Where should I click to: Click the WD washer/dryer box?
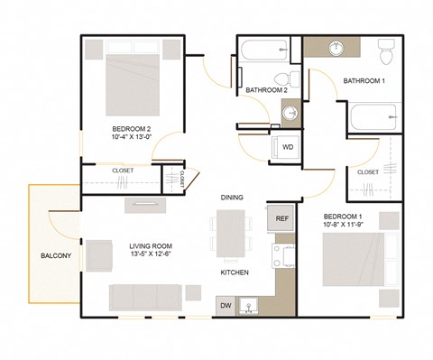pos(287,146)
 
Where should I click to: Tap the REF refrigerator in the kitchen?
pos(281,218)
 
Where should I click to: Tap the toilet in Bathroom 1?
pos(387,53)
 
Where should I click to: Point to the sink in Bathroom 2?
pos(290,113)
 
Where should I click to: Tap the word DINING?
pos(233,197)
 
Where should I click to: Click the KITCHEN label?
pos(235,272)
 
